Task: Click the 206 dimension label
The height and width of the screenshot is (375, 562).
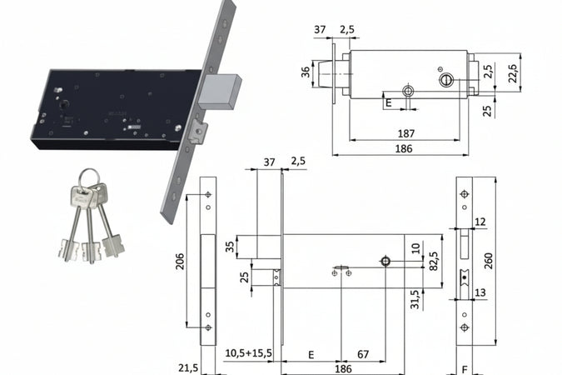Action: [180, 261]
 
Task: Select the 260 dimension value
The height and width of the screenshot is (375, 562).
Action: [488, 261]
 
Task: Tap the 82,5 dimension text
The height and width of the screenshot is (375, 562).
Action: [434, 261]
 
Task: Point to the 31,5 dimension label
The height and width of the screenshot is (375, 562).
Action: [415, 299]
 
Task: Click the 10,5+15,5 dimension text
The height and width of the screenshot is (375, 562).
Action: [248, 353]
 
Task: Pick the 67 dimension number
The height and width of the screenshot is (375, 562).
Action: [363, 354]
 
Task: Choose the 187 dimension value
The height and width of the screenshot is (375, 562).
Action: [406, 134]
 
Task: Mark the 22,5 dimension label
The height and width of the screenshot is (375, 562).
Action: [513, 73]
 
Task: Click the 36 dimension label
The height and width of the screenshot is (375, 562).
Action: [306, 72]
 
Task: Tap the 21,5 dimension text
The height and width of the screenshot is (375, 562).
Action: [188, 368]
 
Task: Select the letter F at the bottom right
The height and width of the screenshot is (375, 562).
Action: [465, 370]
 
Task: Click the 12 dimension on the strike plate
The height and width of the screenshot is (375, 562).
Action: [480, 222]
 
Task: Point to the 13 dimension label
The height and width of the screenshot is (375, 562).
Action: [480, 292]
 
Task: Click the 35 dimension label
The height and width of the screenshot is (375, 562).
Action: [230, 247]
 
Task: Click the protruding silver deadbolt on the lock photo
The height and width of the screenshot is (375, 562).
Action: [219, 92]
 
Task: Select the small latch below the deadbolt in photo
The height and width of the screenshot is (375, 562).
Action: [198, 131]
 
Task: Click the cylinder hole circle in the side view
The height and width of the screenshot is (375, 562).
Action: [385, 261]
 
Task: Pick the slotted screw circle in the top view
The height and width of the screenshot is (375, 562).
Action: [445, 79]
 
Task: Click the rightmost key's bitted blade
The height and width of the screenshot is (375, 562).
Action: [113, 246]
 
